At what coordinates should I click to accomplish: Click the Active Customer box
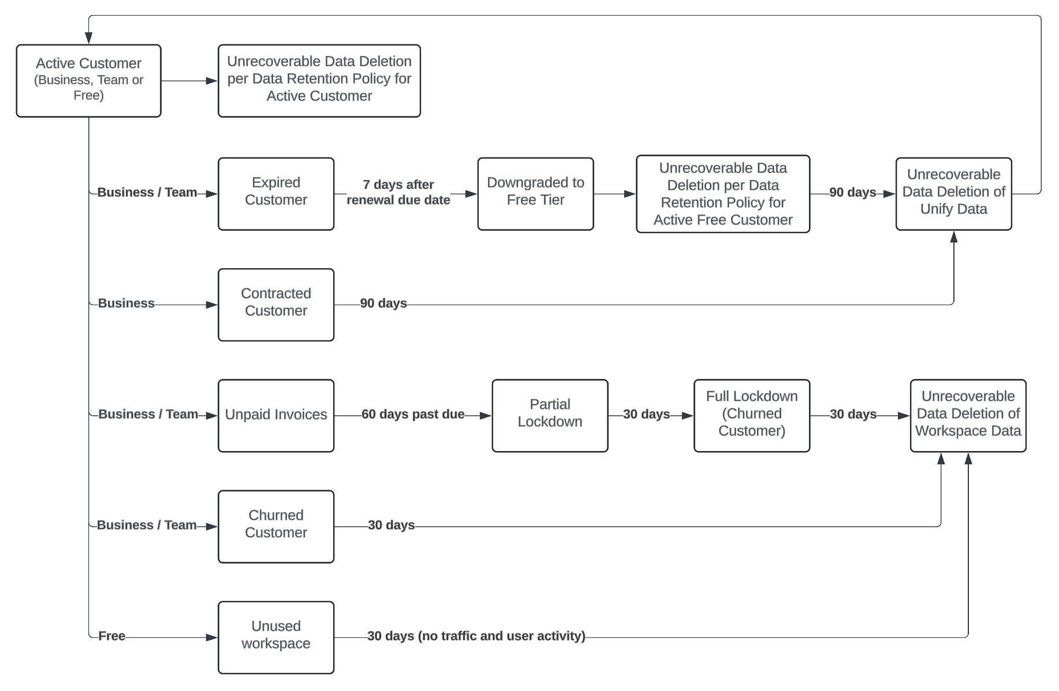pos(88,81)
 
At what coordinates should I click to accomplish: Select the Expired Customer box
pos(275,194)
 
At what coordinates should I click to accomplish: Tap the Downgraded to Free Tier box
pos(535,194)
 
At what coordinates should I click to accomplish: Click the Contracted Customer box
pos(275,305)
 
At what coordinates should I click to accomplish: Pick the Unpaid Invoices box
pos(275,415)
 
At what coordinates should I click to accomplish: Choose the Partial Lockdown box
pos(550,415)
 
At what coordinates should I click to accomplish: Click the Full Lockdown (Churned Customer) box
pos(751,415)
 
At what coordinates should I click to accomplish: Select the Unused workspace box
pos(275,637)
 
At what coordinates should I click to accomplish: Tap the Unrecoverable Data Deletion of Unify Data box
pos(953,194)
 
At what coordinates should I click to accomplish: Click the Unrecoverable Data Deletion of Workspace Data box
pos(968,415)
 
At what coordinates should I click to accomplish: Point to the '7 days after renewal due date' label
pos(398,193)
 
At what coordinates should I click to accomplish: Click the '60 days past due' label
pos(413,414)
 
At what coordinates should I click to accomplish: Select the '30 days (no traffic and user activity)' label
pos(476,636)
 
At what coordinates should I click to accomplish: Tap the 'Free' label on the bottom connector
pos(111,636)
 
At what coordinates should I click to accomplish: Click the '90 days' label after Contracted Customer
pos(383,303)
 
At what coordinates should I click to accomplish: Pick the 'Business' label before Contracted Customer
pos(126,303)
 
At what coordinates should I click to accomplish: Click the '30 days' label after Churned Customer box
pos(391,525)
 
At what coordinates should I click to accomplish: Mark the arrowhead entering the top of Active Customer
pos(88,38)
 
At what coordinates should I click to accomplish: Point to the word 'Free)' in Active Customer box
pos(88,96)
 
